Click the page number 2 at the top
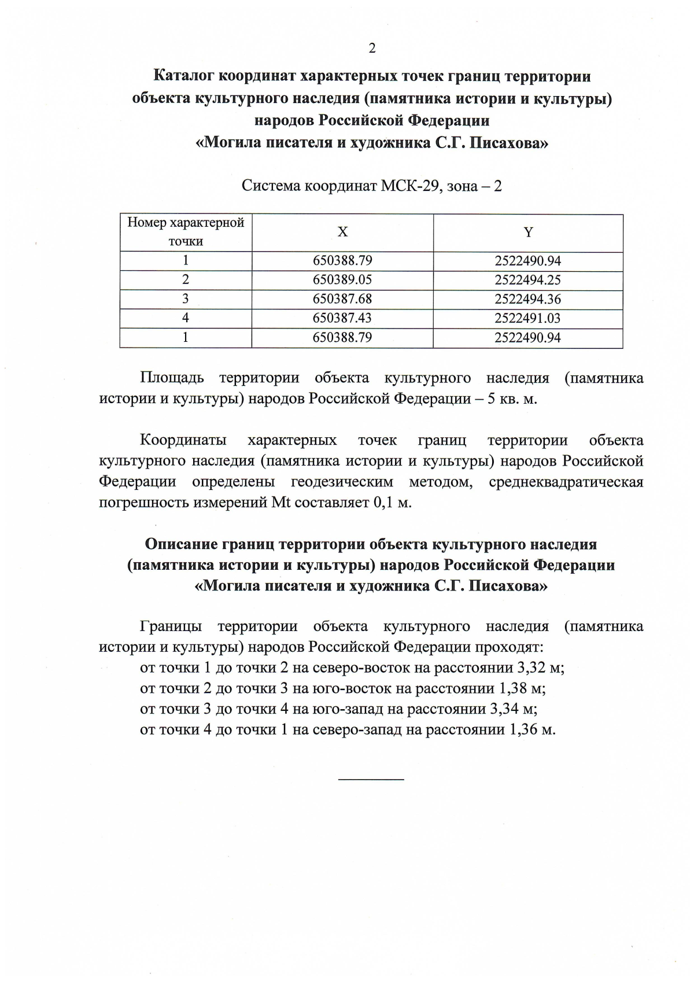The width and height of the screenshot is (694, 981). (372, 49)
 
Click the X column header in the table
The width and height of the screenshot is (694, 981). (342, 233)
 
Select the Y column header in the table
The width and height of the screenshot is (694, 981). (528, 233)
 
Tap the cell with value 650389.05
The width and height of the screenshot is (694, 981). (342, 280)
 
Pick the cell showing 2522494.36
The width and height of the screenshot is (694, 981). (528, 299)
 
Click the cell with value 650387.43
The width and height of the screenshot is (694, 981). (342, 318)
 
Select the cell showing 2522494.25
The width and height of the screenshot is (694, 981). (528, 280)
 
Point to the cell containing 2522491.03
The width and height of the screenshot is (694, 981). (528, 318)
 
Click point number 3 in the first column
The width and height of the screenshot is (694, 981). (186, 299)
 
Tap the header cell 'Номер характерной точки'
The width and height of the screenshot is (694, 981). (186, 232)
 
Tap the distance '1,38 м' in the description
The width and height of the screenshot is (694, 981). (522, 688)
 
